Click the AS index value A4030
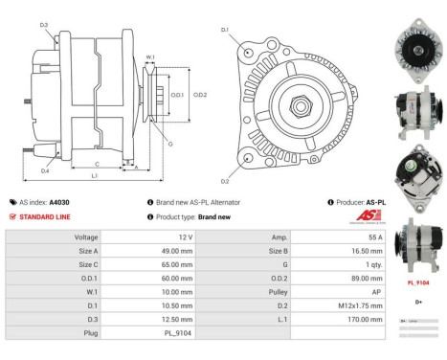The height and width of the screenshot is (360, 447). (59, 202)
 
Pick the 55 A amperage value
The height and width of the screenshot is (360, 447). (375, 236)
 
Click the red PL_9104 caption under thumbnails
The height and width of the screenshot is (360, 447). (418, 283)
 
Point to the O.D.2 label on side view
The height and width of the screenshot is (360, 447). (200, 94)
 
